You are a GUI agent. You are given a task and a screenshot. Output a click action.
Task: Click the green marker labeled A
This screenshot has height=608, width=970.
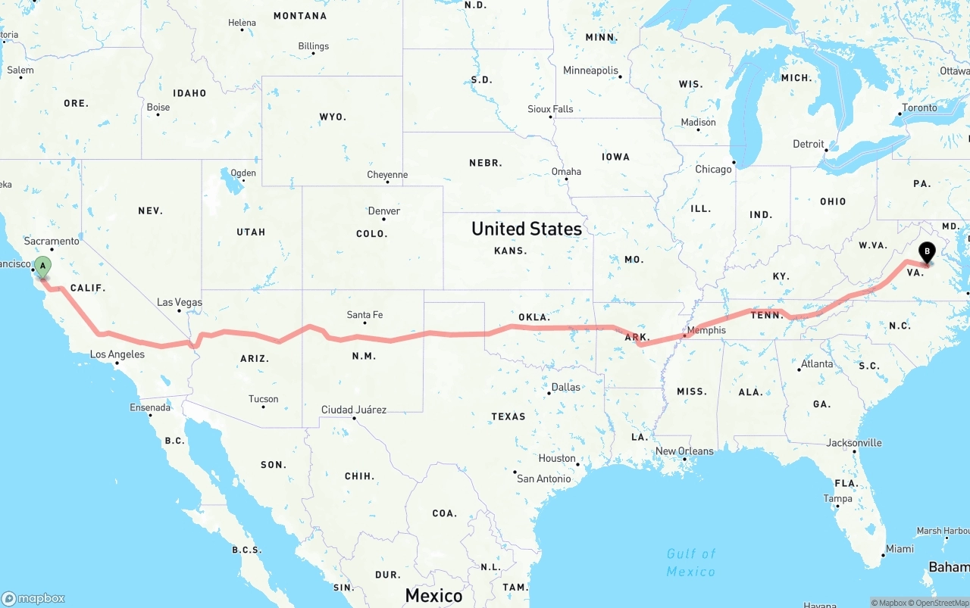(43, 267)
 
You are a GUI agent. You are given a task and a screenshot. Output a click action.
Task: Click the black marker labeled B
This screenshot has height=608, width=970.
(927, 253)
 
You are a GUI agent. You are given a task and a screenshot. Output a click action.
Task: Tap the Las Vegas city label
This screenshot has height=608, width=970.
(180, 302)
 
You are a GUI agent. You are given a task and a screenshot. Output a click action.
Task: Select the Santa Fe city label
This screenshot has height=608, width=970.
(365, 314)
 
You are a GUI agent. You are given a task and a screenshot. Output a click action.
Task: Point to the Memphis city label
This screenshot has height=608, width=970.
(706, 330)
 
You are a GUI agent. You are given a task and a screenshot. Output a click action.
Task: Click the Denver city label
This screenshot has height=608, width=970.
(383, 210)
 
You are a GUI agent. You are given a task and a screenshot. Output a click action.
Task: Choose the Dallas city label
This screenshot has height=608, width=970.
(565, 387)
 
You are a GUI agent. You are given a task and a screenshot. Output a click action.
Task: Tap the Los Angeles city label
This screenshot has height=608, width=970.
(117, 354)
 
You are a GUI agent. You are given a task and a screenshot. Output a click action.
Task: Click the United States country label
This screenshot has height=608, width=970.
(526, 229)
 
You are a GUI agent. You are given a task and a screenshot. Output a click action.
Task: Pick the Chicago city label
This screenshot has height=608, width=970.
(713, 169)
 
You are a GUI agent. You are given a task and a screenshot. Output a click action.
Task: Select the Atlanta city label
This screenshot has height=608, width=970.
(817, 363)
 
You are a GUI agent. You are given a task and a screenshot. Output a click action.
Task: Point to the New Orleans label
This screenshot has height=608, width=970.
(684, 451)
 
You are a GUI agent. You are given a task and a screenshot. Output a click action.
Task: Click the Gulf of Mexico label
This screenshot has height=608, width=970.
(691, 563)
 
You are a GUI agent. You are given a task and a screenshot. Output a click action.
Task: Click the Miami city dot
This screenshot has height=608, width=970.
(883, 556)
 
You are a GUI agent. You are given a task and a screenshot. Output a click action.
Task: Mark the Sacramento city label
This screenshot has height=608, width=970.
(52, 241)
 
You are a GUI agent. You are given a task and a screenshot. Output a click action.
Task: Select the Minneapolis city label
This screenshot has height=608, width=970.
(590, 70)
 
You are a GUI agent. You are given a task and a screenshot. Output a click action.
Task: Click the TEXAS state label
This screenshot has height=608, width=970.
(508, 416)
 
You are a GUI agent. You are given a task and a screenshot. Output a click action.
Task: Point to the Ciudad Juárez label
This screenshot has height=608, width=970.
(354, 410)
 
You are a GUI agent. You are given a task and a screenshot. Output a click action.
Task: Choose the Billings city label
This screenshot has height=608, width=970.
(313, 46)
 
